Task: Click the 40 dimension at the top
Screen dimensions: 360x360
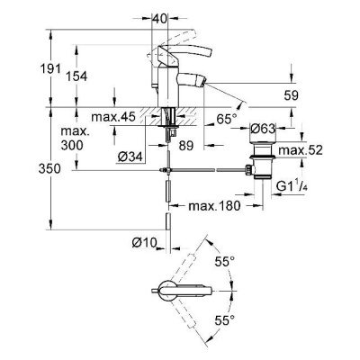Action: point(159,18)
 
